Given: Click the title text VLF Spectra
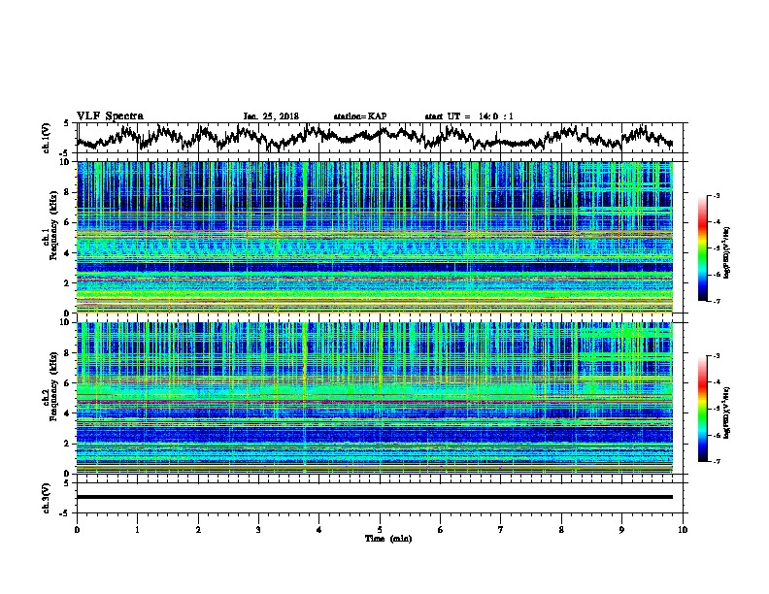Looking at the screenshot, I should (110, 115).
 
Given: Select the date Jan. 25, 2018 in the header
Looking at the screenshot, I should (272, 116).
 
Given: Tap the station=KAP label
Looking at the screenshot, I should (359, 116).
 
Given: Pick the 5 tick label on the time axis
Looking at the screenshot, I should (380, 528).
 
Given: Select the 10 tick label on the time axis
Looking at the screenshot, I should (683, 528).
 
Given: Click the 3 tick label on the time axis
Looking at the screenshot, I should (258, 528).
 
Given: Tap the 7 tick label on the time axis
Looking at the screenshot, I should (501, 528).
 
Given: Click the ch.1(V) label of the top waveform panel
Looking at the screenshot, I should (47, 139).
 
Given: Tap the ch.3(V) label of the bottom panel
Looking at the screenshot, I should (47, 497).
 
